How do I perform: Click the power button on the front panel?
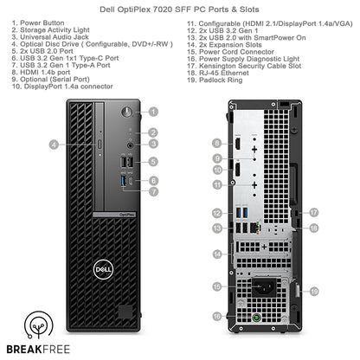pos(127,112)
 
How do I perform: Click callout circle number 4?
pos(54,145)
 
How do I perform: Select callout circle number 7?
pos(153,190)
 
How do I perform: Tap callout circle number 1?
pos(153,112)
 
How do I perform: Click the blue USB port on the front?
pos(127,182)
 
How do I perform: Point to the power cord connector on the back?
pos(260,286)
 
